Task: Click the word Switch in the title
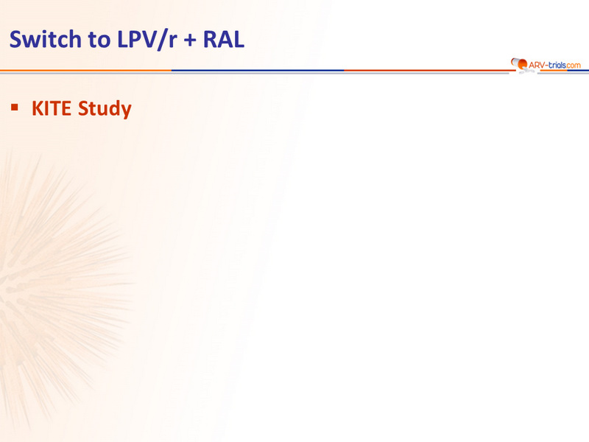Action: coord(46,39)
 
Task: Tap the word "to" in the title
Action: coord(99,40)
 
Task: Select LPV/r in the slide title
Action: coord(147,40)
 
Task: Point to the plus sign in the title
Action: coord(190,41)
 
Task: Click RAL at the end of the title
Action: coord(224,39)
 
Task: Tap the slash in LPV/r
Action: coord(162,40)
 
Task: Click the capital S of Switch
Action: coord(15,39)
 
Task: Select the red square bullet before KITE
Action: coord(15,108)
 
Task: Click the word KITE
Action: coord(52,108)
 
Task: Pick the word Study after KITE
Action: coord(105,109)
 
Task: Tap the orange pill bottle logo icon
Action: coord(519,64)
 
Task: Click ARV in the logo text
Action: coord(537,65)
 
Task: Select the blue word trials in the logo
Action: coord(557,65)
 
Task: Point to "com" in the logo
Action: coord(574,66)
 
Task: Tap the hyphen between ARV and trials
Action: coord(546,66)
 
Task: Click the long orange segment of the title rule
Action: coord(85,70)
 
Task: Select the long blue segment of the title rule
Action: coord(258,70)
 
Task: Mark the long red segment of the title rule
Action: coord(428,70)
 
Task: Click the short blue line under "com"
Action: coord(578,70)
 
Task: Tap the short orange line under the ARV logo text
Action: coord(552,70)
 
